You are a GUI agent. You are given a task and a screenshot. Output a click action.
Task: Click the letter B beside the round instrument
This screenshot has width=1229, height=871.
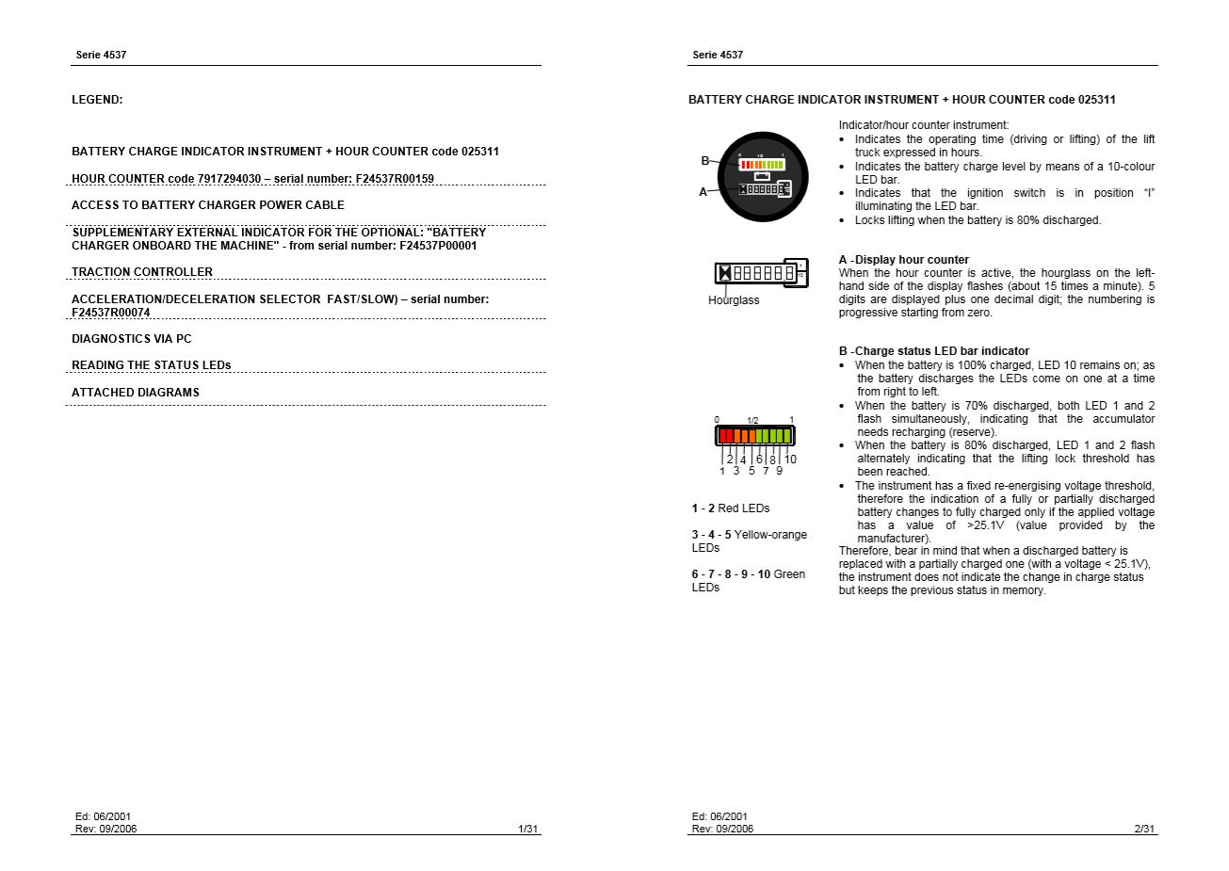click(x=704, y=161)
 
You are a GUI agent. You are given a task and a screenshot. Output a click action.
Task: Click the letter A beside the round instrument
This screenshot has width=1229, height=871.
click(x=703, y=192)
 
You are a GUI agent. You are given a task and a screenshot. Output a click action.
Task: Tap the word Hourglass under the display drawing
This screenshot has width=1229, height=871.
click(x=733, y=300)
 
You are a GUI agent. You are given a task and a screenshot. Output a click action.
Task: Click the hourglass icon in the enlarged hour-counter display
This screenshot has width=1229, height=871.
click(x=725, y=273)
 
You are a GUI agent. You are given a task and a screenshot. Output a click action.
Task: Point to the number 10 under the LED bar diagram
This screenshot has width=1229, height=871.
click(x=790, y=460)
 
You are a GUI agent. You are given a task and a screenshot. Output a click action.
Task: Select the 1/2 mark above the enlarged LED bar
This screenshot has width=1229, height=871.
click(x=752, y=421)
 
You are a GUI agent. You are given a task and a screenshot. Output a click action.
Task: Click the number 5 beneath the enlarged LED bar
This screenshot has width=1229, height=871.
click(x=752, y=471)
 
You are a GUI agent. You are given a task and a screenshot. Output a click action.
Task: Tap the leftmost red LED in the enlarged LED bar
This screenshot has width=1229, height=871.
click(x=722, y=436)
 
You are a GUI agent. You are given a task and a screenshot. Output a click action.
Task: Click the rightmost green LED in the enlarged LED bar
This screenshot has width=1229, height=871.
click(x=788, y=436)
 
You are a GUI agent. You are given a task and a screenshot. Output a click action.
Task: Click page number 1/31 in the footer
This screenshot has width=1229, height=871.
click(x=527, y=829)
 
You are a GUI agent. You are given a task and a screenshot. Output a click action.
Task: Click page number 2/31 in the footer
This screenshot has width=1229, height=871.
click(x=1144, y=829)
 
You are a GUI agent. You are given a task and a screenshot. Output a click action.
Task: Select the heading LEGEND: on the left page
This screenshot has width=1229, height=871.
click(x=97, y=100)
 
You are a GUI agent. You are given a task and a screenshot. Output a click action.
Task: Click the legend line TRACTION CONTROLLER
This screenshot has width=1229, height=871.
click(x=142, y=272)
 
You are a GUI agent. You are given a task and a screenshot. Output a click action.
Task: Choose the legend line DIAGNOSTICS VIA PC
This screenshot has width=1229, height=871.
click(x=132, y=339)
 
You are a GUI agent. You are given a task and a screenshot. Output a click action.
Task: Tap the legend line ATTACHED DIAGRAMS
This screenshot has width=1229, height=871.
click(x=136, y=393)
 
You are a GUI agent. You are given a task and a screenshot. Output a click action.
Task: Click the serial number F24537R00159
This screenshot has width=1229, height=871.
click(x=395, y=179)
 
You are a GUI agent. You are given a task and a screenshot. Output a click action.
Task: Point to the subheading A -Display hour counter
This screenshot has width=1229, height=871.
click(x=903, y=260)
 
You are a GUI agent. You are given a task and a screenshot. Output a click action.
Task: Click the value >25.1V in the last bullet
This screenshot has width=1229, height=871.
click(x=985, y=525)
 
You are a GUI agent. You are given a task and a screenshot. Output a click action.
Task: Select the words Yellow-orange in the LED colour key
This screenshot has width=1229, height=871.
click(x=770, y=535)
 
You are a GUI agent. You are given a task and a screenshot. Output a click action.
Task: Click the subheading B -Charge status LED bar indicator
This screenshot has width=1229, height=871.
click(x=933, y=351)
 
